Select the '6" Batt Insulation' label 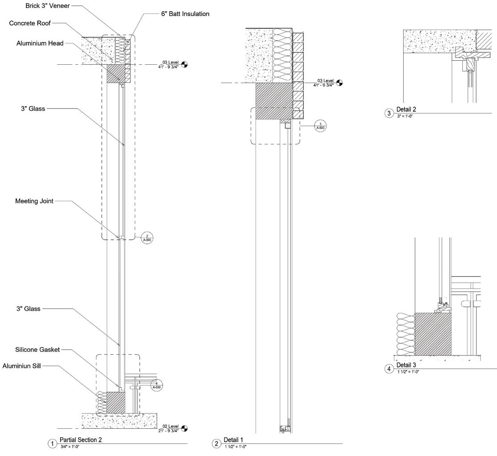pos(185,14)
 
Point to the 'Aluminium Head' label pos(40,43)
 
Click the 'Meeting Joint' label pos(34,201)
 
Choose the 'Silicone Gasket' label pos(37,350)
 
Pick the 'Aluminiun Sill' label pos(22,366)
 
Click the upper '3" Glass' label pos(33,109)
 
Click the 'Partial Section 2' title pos(81,440)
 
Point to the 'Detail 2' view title pos(406,109)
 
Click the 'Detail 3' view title pos(406,365)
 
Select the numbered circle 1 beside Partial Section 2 pos(53,443)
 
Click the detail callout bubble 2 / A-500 pos(147,238)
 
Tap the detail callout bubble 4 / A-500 pos(157,385)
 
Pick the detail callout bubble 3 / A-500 pos(320,126)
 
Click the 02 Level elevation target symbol pos(185,429)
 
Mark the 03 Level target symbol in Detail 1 pos(340,83)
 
